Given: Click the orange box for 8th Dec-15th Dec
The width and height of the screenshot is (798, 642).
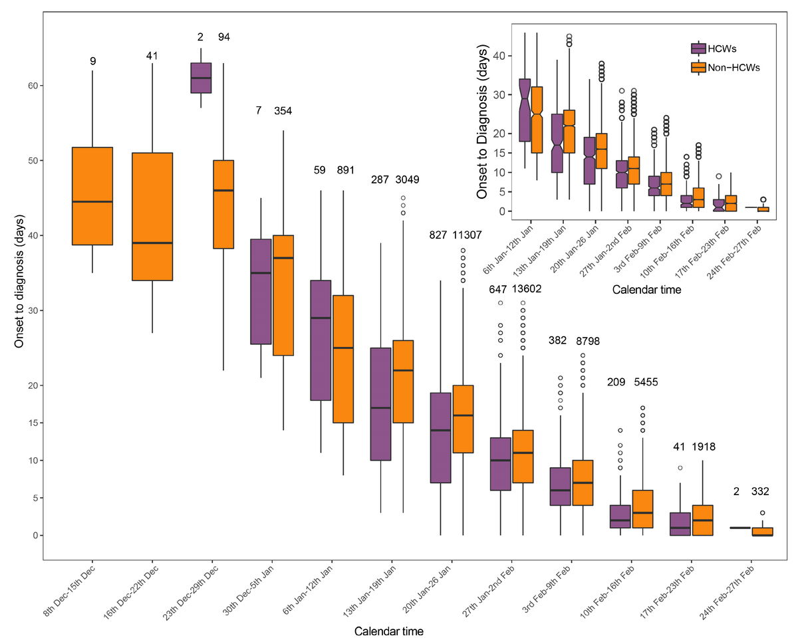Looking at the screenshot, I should [x=92, y=196].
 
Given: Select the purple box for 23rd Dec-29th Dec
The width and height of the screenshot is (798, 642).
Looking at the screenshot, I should [x=201, y=78].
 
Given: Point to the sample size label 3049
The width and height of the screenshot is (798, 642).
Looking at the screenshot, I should [x=407, y=179].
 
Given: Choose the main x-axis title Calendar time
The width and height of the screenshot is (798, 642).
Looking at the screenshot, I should [x=388, y=630].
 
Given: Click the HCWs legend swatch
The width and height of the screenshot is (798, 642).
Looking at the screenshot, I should [x=698, y=49].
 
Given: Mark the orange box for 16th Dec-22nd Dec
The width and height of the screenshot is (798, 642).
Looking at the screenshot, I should [x=152, y=217].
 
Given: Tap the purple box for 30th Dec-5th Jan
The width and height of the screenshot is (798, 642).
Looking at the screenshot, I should [x=261, y=292].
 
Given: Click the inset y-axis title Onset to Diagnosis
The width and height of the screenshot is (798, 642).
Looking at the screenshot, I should [x=483, y=124].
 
